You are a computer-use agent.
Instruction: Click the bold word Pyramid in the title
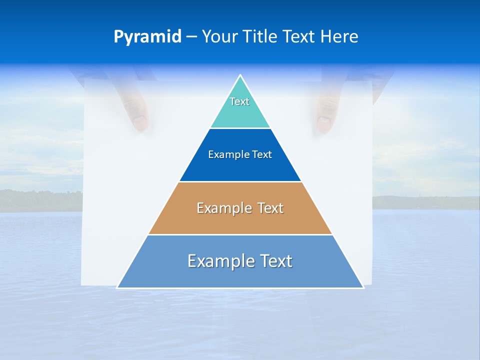click(x=147, y=37)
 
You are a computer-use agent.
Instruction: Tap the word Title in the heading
click(x=261, y=37)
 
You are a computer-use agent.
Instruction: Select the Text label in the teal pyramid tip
click(x=239, y=101)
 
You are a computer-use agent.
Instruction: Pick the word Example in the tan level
click(x=223, y=208)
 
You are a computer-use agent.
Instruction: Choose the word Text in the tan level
click(x=270, y=208)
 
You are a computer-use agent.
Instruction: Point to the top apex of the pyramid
click(x=240, y=75)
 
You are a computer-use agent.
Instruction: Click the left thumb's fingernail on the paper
click(x=139, y=121)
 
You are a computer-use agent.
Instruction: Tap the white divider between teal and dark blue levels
click(x=240, y=128)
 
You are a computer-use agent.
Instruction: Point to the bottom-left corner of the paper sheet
click(x=82, y=284)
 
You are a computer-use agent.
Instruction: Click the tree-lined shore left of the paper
click(x=40, y=200)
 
